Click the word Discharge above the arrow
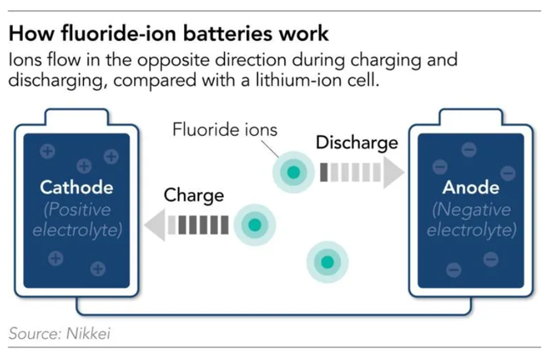click(x=356, y=143)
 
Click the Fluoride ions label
click(x=224, y=130)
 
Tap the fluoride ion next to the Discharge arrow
click(x=293, y=172)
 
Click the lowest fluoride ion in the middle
click(x=328, y=261)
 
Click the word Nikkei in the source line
click(x=86, y=333)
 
